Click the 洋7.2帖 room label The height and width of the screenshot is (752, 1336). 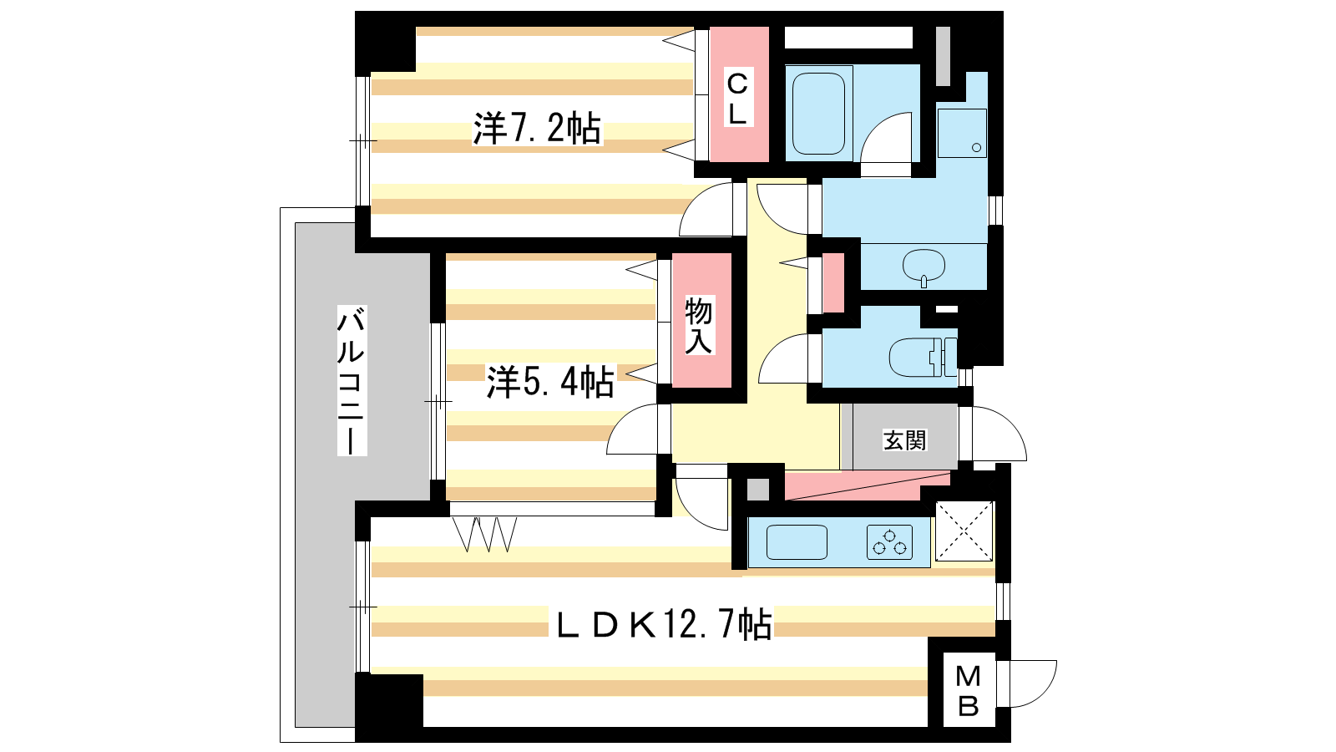coord(537,129)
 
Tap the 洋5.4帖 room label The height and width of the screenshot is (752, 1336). coord(550,382)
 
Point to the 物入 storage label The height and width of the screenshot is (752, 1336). coord(698,326)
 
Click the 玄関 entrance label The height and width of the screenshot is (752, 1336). coord(904,440)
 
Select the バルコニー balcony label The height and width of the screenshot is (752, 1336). coord(352,381)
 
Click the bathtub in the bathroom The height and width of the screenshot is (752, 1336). coord(818,114)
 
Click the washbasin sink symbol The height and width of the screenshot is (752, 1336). coord(924,267)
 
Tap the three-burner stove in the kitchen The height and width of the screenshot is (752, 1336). coord(889,542)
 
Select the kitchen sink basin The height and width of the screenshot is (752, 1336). coord(797,542)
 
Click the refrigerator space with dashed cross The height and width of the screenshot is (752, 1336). coord(964,531)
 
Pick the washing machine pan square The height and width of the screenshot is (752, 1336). coord(961,133)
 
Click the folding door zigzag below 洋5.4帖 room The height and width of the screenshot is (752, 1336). coord(484,534)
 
